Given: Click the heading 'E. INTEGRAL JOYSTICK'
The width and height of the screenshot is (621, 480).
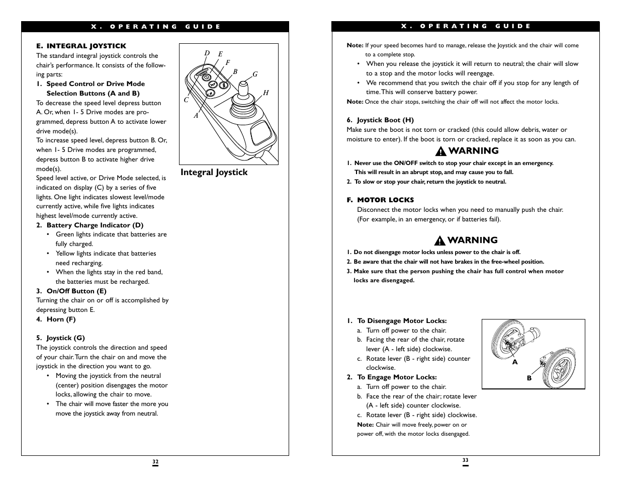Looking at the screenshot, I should click(81, 46).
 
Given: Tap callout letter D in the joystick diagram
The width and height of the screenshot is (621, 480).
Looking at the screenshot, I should click(207, 53).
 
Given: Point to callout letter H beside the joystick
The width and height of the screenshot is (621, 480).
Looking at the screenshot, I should click(266, 93).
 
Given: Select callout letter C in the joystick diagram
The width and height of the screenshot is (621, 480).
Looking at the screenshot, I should click(186, 100).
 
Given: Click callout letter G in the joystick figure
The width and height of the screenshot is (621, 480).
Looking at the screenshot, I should click(255, 74).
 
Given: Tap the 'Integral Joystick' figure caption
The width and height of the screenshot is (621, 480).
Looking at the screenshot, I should click(214, 173).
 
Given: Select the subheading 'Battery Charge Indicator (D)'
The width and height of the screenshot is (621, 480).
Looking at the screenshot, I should click(95, 225).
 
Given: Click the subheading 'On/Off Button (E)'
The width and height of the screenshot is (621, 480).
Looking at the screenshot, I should click(76, 291).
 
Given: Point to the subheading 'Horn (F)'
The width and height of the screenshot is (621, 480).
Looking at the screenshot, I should click(61, 319).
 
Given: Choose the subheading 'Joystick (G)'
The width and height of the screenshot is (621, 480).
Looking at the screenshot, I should click(65, 338).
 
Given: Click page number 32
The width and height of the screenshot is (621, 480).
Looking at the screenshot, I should click(155, 461).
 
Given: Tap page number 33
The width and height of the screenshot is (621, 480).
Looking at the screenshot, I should click(465, 460).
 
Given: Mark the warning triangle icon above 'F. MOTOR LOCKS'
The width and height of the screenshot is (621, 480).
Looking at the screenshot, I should click(441, 151).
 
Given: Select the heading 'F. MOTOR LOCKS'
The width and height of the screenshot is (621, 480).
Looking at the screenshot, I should click(380, 200).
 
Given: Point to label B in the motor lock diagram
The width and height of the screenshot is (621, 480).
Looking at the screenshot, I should click(529, 378).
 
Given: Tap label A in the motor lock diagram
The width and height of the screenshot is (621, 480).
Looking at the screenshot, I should click(515, 362).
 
